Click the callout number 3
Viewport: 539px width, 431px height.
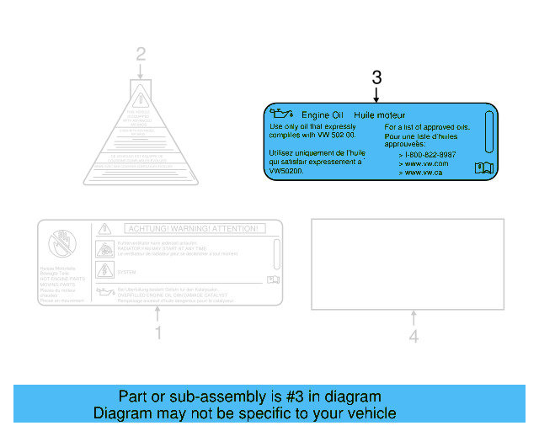tap(376, 77)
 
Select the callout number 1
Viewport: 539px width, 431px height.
tap(157, 334)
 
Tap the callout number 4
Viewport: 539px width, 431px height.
tap(413, 337)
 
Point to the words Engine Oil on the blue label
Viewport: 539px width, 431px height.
tap(323, 114)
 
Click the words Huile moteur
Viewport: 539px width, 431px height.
tap(380, 114)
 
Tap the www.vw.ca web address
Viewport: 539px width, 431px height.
tap(423, 172)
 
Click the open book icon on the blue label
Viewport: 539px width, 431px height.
tap(483, 168)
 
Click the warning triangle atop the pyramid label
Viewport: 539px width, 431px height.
tap(141, 93)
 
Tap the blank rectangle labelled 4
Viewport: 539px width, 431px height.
tap(408, 263)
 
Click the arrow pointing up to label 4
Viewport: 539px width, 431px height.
tap(413, 318)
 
